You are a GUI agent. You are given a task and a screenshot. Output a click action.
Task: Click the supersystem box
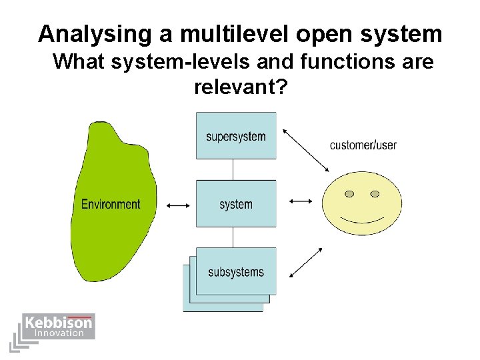pos(236,136)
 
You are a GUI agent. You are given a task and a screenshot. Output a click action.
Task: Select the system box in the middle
pos(236,204)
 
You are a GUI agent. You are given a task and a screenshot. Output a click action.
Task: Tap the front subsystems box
pos(236,271)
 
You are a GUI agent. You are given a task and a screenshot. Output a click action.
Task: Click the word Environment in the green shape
pos(111,204)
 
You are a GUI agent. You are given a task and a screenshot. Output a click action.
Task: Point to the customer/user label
pos(363,145)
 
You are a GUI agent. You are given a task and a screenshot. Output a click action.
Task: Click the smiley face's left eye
pos(349,194)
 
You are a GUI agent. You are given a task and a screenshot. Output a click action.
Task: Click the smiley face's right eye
pos(375,194)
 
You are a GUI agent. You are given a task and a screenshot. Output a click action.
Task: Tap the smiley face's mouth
pos(362,219)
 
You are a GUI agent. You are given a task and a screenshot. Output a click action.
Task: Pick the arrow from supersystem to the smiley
pos(306,152)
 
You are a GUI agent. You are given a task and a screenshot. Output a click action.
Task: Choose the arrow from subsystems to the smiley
pos(306,262)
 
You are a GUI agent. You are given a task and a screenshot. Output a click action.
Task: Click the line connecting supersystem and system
pos(233,169)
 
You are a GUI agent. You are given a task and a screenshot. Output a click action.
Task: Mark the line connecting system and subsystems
pos(233,237)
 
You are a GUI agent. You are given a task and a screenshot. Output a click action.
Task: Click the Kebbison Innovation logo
pos(59,327)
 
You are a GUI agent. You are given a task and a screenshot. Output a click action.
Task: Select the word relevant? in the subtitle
pos(241,86)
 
